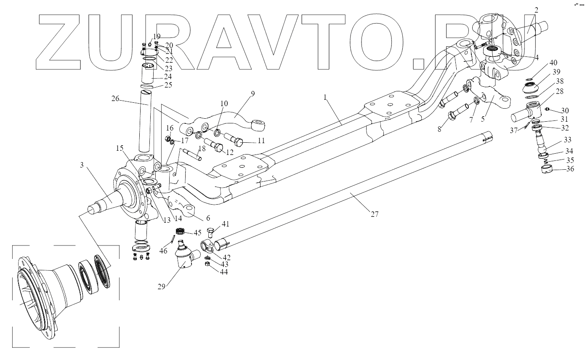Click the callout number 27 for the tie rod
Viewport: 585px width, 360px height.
tap(375, 214)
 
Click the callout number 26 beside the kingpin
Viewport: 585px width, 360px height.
tap(116, 99)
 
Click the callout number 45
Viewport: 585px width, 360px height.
tap(197, 232)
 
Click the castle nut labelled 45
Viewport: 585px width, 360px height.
tap(181, 231)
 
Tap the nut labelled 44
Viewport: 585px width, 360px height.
tap(207, 264)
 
